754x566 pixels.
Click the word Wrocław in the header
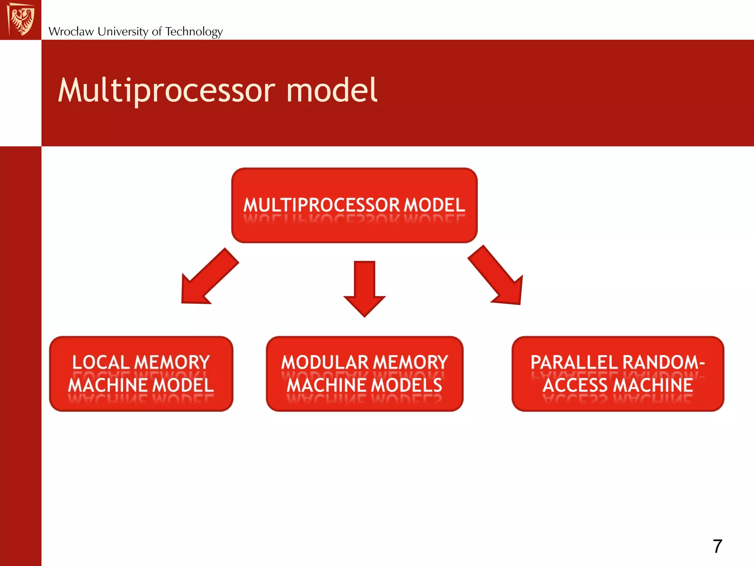(71, 32)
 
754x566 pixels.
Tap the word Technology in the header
(194, 32)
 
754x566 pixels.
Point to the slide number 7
(717, 546)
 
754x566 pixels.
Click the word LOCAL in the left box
(101, 363)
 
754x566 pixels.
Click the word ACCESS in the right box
(575, 385)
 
